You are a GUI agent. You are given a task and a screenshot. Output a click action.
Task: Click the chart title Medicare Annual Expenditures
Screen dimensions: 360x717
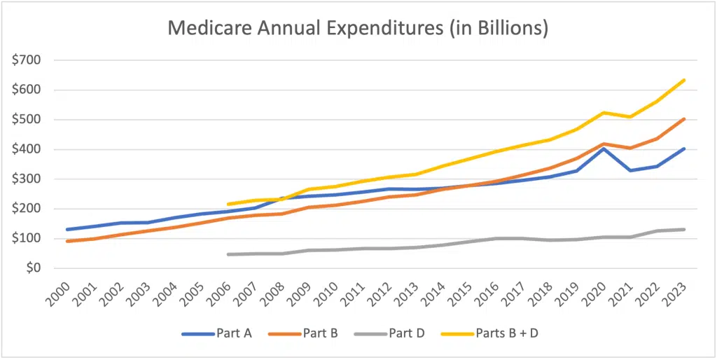pyautogui.click(x=357, y=30)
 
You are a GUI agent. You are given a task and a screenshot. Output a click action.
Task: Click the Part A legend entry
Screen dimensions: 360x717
pyautogui.click(x=217, y=333)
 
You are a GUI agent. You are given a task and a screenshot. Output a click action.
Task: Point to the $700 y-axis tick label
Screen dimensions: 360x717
pyautogui.click(x=26, y=60)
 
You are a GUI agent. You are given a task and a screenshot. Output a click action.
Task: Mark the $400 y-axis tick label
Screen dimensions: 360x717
pyautogui.click(x=26, y=149)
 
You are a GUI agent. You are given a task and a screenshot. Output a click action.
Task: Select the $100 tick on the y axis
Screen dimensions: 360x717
pyautogui.click(x=26, y=238)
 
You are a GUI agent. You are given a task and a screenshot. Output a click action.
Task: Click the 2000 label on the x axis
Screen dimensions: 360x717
pyautogui.click(x=62, y=293)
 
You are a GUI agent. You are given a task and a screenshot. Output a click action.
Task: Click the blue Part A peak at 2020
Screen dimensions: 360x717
pyautogui.click(x=604, y=148)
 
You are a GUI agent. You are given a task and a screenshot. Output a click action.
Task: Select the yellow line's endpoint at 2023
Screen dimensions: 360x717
pyautogui.click(x=683, y=81)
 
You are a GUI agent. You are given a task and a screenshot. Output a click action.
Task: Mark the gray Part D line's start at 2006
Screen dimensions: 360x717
pyautogui.click(x=228, y=254)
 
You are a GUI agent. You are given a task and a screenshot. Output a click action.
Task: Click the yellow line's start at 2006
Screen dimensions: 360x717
pyautogui.click(x=228, y=204)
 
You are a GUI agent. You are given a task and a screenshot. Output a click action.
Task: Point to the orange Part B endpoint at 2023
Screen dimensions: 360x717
pyautogui.click(x=683, y=119)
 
